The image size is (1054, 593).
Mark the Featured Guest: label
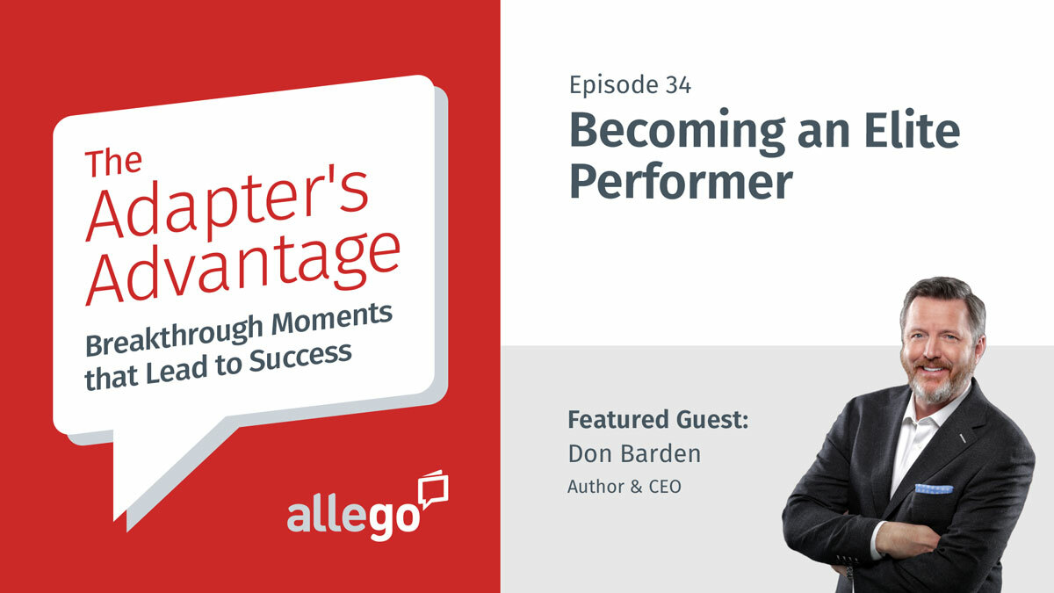[658, 420]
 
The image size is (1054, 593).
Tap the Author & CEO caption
[624, 486]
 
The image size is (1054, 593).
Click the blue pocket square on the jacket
[933, 488]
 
